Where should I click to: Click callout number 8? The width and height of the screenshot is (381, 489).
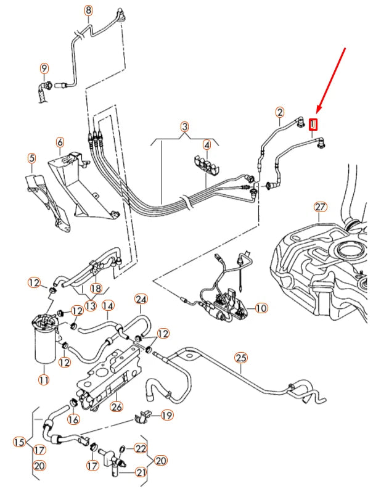pyautogui.click(x=88, y=10)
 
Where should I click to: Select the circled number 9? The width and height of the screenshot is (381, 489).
pyautogui.click(x=44, y=67)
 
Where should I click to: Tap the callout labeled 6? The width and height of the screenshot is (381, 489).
pyautogui.click(x=60, y=143)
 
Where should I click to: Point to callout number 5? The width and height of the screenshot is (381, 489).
pyautogui.click(x=31, y=158)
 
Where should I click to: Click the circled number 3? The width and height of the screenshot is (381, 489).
pyautogui.click(x=184, y=127)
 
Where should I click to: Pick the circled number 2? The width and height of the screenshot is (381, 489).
pyautogui.click(x=280, y=112)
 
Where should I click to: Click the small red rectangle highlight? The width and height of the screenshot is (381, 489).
pyautogui.click(x=314, y=125)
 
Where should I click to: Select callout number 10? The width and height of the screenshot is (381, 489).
pyautogui.click(x=261, y=308)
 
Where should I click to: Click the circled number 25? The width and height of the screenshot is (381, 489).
pyautogui.click(x=240, y=358)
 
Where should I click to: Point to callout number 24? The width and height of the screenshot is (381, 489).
pyautogui.click(x=141, y=300)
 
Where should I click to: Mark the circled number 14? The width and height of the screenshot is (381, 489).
pyautogui.click(x=107, y=305)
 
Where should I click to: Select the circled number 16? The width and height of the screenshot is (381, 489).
pyautogui.click(x=73, y=419)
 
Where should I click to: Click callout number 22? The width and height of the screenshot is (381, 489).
pyautogui.click(x=141, y=448)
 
